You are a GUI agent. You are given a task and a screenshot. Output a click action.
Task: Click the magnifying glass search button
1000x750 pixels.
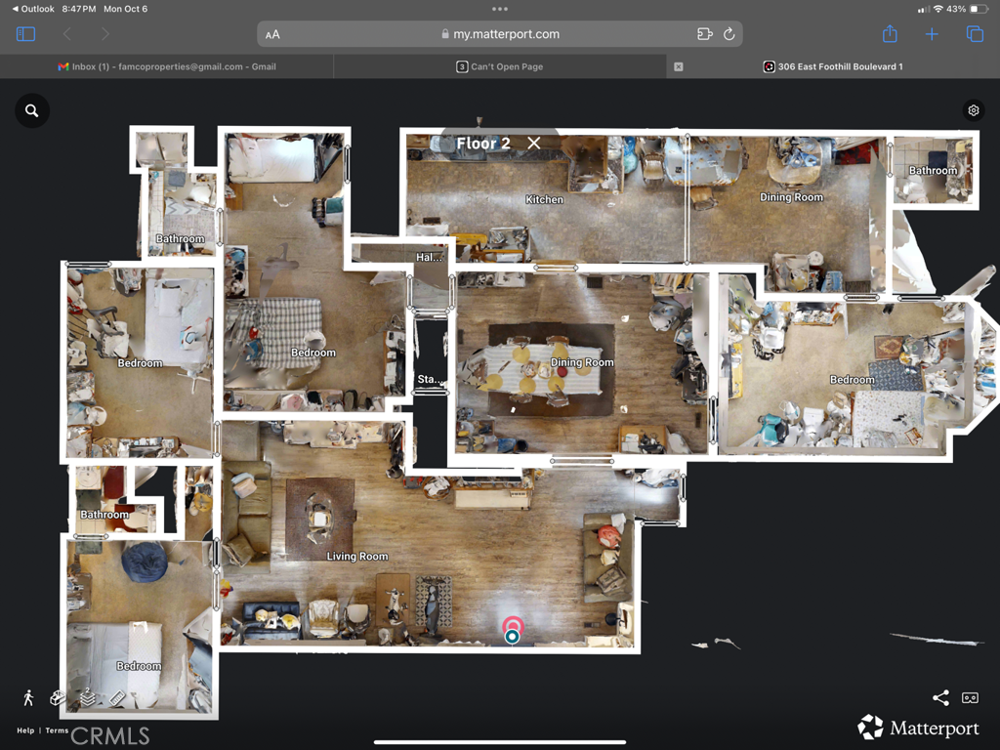point(32,110)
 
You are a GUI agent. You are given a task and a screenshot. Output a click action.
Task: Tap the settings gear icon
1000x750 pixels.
point(973,110)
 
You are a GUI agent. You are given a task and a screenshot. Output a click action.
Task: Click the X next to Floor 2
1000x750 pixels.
point(534,143)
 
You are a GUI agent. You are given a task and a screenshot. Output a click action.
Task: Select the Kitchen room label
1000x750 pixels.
point(544,199)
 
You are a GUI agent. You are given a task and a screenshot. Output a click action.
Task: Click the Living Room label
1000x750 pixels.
point(357,557)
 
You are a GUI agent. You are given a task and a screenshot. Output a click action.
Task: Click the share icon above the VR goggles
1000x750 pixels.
point(940,697)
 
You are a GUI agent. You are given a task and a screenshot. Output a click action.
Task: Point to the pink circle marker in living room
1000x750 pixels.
point(512,625)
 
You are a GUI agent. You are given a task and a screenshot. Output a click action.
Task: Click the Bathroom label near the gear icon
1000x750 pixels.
point(933,171)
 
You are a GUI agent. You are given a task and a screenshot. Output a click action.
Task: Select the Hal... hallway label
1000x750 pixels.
point(429,258)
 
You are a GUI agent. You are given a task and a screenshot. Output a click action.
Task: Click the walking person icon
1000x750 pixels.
point(28,697)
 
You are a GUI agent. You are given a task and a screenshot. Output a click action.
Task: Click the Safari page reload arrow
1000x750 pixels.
point(729,34)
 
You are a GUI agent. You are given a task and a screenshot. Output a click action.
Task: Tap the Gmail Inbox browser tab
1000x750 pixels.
point(167,66)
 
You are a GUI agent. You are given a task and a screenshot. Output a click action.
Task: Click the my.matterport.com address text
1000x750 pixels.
point(506,34)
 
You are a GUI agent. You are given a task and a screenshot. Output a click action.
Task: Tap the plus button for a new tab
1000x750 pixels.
point(932,34)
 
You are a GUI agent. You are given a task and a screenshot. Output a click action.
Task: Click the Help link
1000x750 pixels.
point(25,730)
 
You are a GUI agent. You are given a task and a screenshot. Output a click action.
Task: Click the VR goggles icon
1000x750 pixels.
point(970,697)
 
